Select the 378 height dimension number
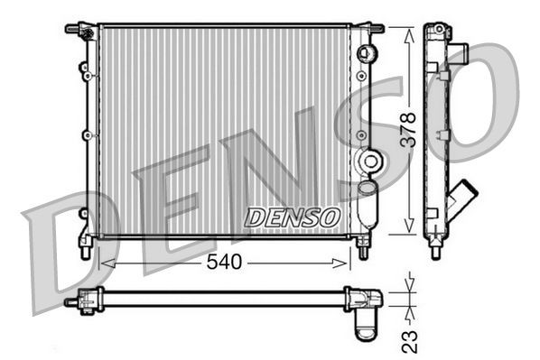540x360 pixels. [x=408, y=129]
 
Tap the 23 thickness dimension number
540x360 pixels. [x=410, y=339]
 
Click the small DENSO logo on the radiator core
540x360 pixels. [x=292, y=217]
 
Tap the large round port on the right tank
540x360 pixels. [x=368, y=162]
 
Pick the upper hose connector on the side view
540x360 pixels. [x=460, y=51]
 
